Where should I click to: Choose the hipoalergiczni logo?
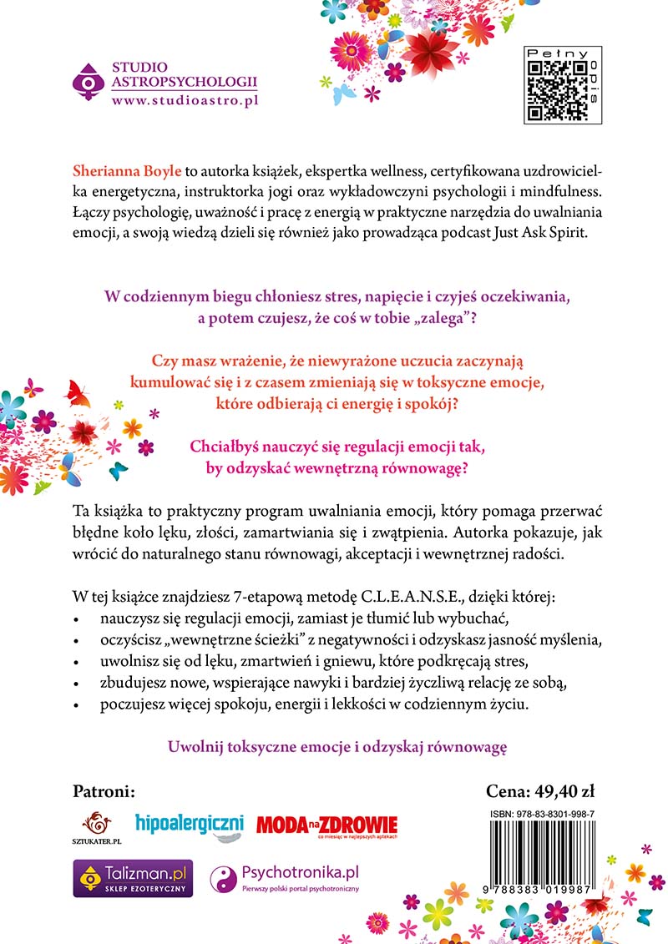click(x=189, y=824)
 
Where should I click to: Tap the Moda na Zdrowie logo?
click(x=326, y=825)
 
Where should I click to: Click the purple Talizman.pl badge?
click(x=133, y=878)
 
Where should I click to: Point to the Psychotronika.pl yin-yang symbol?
click(x=225, y=878)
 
